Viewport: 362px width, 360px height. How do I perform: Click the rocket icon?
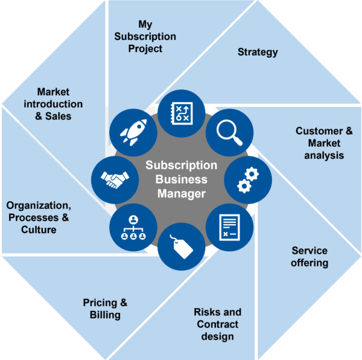133,132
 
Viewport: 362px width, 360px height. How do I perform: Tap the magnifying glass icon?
229,133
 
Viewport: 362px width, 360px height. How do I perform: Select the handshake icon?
115,180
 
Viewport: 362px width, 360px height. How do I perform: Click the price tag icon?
182,246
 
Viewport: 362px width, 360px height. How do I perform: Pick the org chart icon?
133,227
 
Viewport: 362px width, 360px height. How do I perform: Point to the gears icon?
248,180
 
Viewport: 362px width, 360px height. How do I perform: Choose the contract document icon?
229,227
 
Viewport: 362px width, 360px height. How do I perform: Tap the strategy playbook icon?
182,114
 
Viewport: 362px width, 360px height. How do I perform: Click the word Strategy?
258,52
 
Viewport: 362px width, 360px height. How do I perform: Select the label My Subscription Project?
145,36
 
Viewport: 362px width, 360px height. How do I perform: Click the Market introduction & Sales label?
53,104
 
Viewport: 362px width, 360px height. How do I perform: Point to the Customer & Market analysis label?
324,143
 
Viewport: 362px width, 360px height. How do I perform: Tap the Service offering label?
310,257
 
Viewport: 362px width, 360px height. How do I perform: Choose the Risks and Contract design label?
217,324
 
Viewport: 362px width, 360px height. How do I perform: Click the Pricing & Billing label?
105,309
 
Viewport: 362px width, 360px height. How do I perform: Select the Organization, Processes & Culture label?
39,217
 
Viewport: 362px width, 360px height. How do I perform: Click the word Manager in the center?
182,194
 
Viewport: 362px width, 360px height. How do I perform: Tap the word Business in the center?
182,179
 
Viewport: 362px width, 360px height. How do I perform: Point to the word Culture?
39,230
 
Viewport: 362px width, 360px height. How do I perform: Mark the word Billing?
105,315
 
